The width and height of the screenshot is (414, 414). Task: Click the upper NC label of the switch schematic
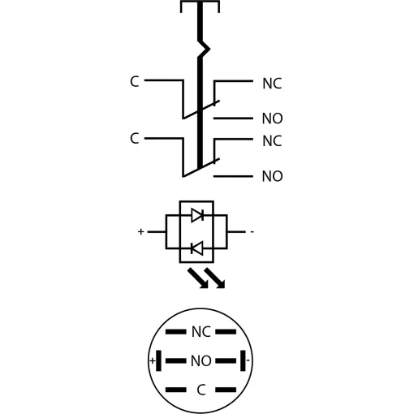click(272, 84)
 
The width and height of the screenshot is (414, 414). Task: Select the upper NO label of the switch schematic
click(273, 119)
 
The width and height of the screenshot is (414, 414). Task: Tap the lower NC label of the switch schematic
click(272, 141)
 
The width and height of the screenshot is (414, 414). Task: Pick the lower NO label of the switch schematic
click(273, 176)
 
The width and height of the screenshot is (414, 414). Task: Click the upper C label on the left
click(135, 81)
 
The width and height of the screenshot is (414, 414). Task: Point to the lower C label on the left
click(135, 138)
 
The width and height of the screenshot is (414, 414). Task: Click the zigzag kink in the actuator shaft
click(204, 49)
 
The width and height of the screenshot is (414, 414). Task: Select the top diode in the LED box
click(197, 215)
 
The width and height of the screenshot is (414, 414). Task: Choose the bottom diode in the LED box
click(196, 248)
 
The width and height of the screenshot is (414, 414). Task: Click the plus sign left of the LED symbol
click(140, 231)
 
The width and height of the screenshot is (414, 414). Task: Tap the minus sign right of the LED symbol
click(252, 231)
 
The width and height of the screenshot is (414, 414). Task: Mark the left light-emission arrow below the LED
click(198, 278)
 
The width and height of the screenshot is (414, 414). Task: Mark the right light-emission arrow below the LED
click(214, 278)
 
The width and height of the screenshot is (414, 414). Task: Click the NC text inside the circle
click(201, 332)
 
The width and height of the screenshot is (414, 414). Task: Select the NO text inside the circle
click(201, 360)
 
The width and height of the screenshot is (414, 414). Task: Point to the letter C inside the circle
click(201, 390)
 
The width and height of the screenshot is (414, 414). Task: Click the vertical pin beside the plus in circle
click(159, 360)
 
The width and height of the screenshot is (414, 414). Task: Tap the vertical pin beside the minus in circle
click(243, 360)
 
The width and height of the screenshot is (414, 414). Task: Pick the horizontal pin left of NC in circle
click(176, 332)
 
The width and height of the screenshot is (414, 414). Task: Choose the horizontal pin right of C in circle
click(226, 390)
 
